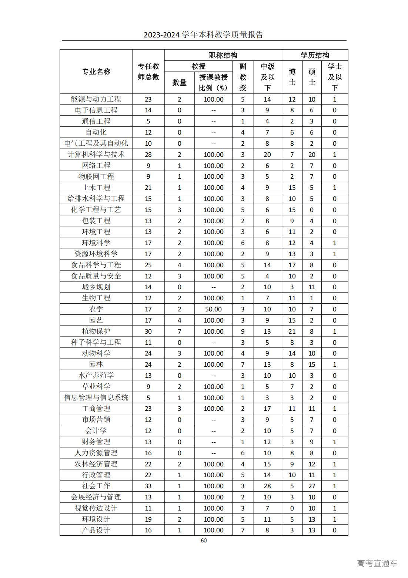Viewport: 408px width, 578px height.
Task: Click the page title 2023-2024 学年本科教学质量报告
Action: (204, 35)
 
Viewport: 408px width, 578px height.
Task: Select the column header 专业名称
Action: (96, 72)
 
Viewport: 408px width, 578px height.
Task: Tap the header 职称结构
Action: (223, 55)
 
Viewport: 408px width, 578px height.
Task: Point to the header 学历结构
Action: (315, 55)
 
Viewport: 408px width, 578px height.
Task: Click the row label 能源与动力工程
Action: (96, 99)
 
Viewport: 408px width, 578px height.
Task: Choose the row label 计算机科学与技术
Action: (96, 154)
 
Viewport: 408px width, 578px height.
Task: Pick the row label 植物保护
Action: (96, 331)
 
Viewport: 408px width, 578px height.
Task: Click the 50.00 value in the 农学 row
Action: (213, 309)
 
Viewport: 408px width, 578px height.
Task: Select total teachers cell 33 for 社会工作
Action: (148, 486)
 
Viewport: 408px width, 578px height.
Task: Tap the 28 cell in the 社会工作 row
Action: (267, 486)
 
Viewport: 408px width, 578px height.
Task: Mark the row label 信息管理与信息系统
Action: (96, 397)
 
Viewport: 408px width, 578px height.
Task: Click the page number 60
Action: (204, 540)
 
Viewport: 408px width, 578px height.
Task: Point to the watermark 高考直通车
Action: (377, 563)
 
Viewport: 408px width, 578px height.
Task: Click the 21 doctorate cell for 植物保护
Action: (292, 331)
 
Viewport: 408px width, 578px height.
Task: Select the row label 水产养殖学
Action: (96, 375)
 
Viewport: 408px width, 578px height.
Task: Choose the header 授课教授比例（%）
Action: (213, 82)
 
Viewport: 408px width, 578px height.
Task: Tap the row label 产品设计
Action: (96, 530)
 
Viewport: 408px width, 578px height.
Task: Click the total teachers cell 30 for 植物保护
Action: (148, 331)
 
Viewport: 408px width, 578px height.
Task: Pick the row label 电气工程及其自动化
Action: (96, 143)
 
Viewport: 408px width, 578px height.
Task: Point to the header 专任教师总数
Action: (148, 72)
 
